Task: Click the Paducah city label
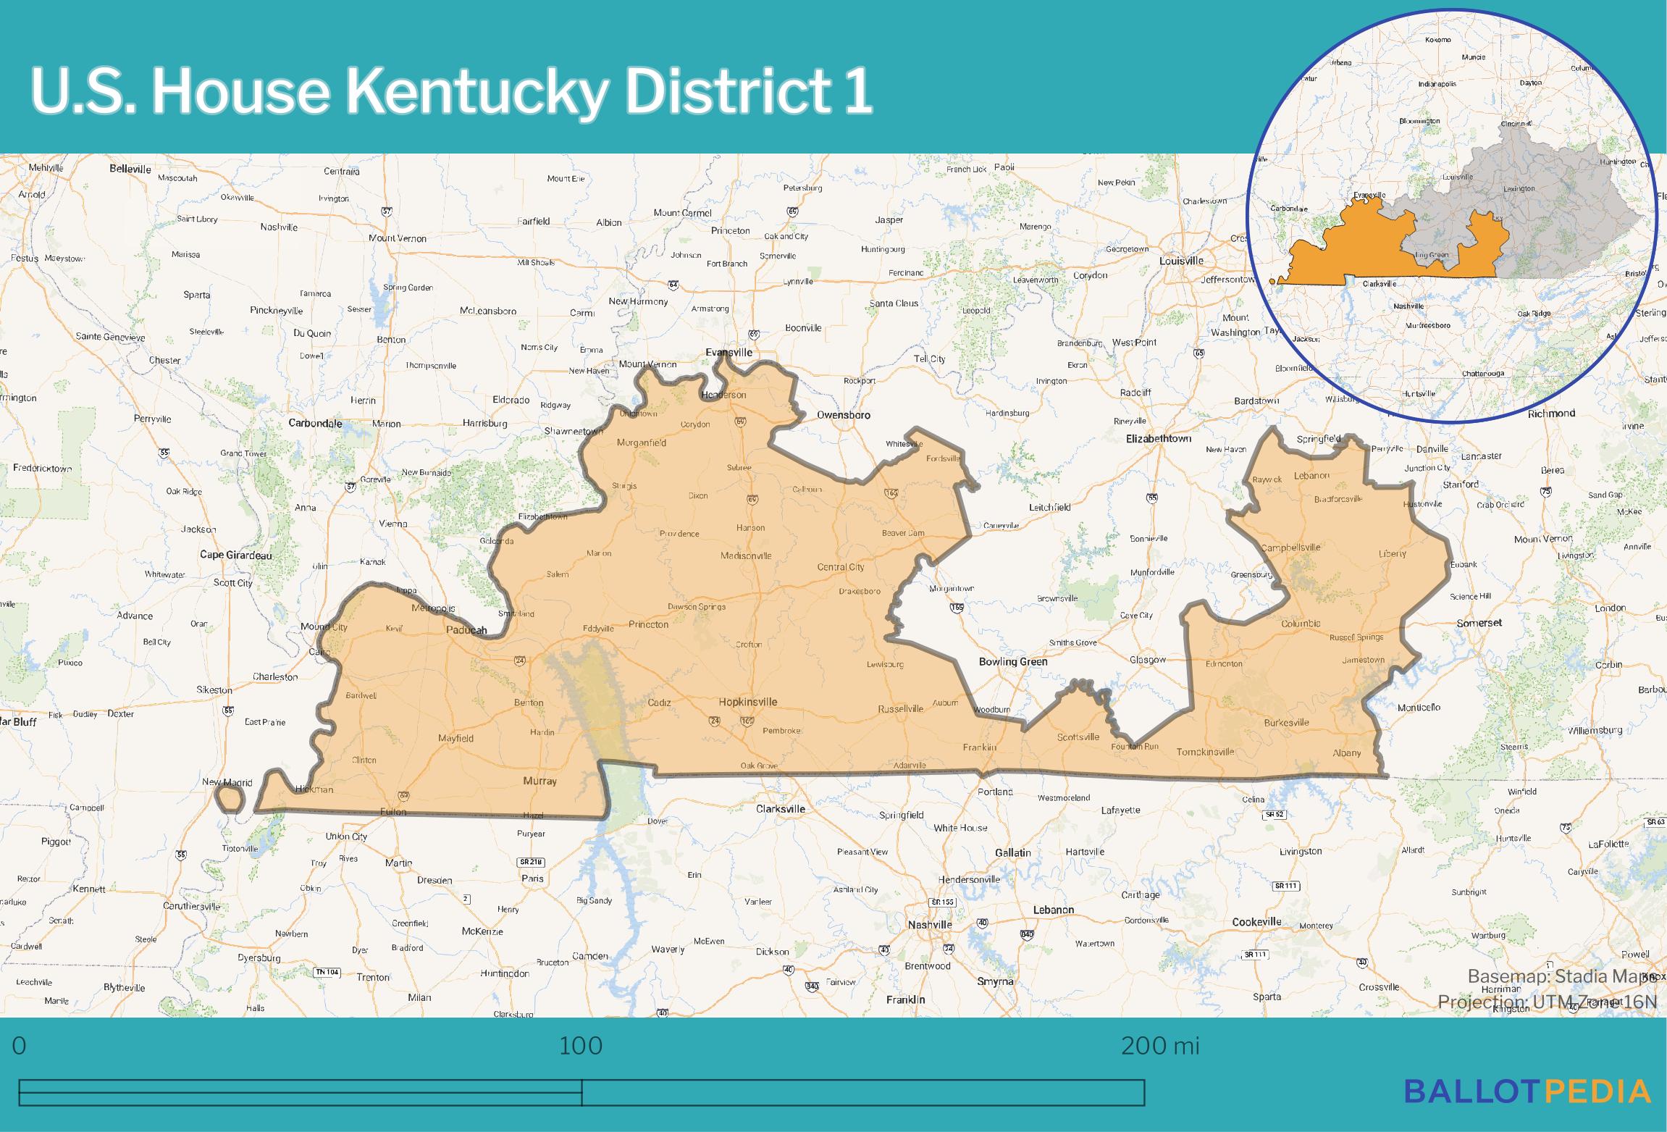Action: click(x=466, y=630)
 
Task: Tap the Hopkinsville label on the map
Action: click(x=747, y=702)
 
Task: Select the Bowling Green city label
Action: click(x=1012, y=661)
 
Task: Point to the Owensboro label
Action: click(x=843, y=415)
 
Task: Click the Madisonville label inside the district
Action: click(x=746, y=555)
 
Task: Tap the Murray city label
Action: click(x=539, y=781)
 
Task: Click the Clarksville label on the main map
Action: click(x=780, y=808)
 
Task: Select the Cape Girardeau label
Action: click(x=236, y=555)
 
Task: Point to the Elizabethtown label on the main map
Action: click(x=1158, y=438)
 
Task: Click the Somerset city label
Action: click(x=1479, y=623)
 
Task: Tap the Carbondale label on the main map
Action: click(x=315, y=423)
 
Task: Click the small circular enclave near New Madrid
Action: click(x=230, y=799)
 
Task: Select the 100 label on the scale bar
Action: click(x=581, y=1045)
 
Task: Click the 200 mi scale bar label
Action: click(x=1160, y=1045)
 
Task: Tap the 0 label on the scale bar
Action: click(x=20, y=1045)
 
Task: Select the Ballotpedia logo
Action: click(x=1527, y=1091)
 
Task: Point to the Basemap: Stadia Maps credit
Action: click(x=1561, y=976)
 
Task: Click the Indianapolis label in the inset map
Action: click(x=1437, y=84)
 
